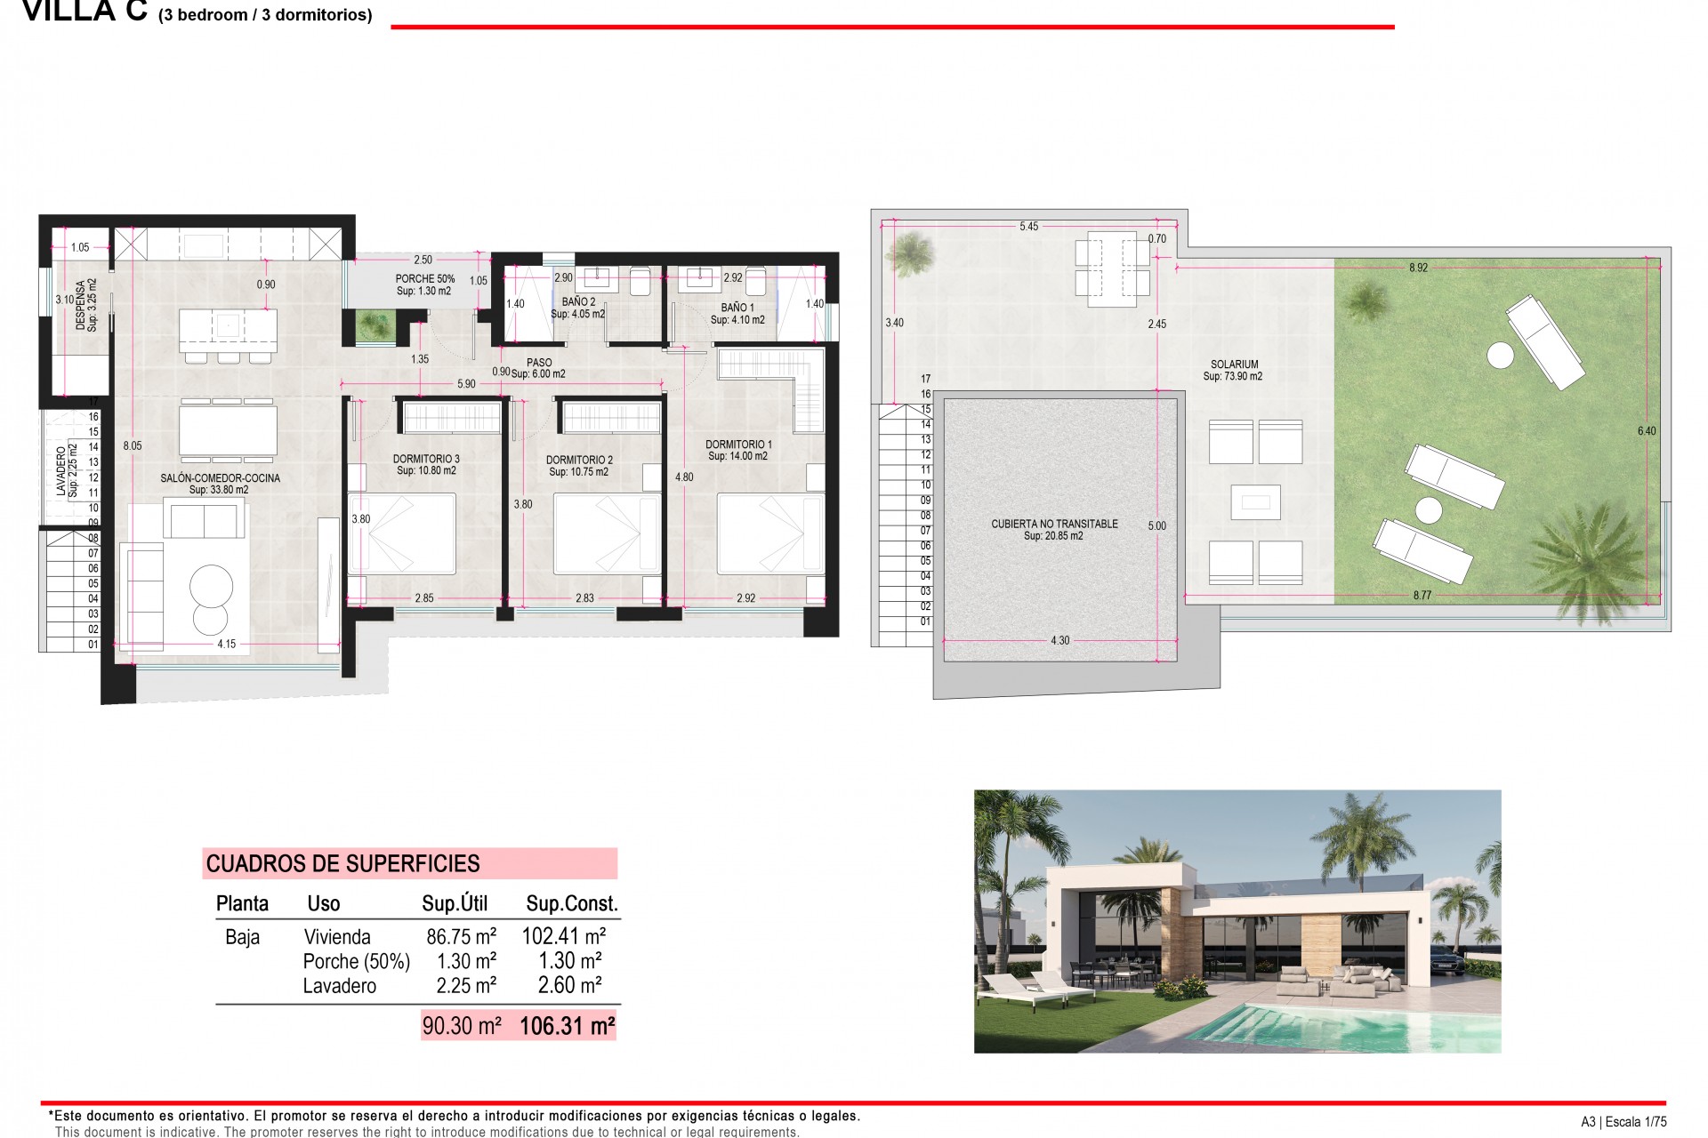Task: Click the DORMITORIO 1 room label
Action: click(x=738, y=445)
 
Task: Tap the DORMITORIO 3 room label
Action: click(x=426, y=460)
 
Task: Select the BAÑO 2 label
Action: click(x=578, y=302)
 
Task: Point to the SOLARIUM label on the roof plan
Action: click(x=1234, y=365)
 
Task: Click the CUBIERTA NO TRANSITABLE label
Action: click(x=1054, y=525)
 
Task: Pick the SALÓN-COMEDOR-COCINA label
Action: click(x=220, y=478)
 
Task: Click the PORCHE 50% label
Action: click(x=424, y=279)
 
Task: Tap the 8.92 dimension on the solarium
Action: click(x=1418, y=268)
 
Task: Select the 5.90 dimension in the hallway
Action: click(x=466, y=384)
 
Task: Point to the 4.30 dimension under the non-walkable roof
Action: click(x=1059, y=640)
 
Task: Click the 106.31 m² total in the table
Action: click(x=567, y=1026)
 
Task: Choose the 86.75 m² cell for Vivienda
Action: click(x=461, y=936)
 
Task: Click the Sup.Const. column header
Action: click(x=571, y=904)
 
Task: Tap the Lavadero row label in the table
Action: click(x=339, y=986)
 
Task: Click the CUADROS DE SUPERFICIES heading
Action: click(x=342, y=863)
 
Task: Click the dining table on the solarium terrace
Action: click(x=1112, y=268)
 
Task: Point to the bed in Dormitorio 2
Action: click(x=608, y=534)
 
